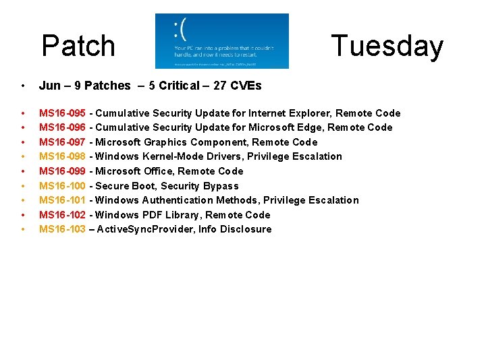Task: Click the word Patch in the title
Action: [x=78, y=47]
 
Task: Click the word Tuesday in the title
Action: [x=387, y=47]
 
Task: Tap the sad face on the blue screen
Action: [x=180, y=29]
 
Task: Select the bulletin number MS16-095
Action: [x=62, y=113]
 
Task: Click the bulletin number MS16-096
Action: [x=62, y=127]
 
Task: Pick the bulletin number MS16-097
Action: [x=62, y=142]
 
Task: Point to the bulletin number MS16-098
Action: [x=62, y=156]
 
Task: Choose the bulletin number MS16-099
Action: [x=62, y=171]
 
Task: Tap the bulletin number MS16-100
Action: [x=62, y=186]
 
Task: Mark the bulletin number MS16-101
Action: [x=62, y=200]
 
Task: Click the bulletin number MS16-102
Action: [x=62, y=215]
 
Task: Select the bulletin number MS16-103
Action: [x=62, y=229]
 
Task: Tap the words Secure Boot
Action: [x=122, y=186]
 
